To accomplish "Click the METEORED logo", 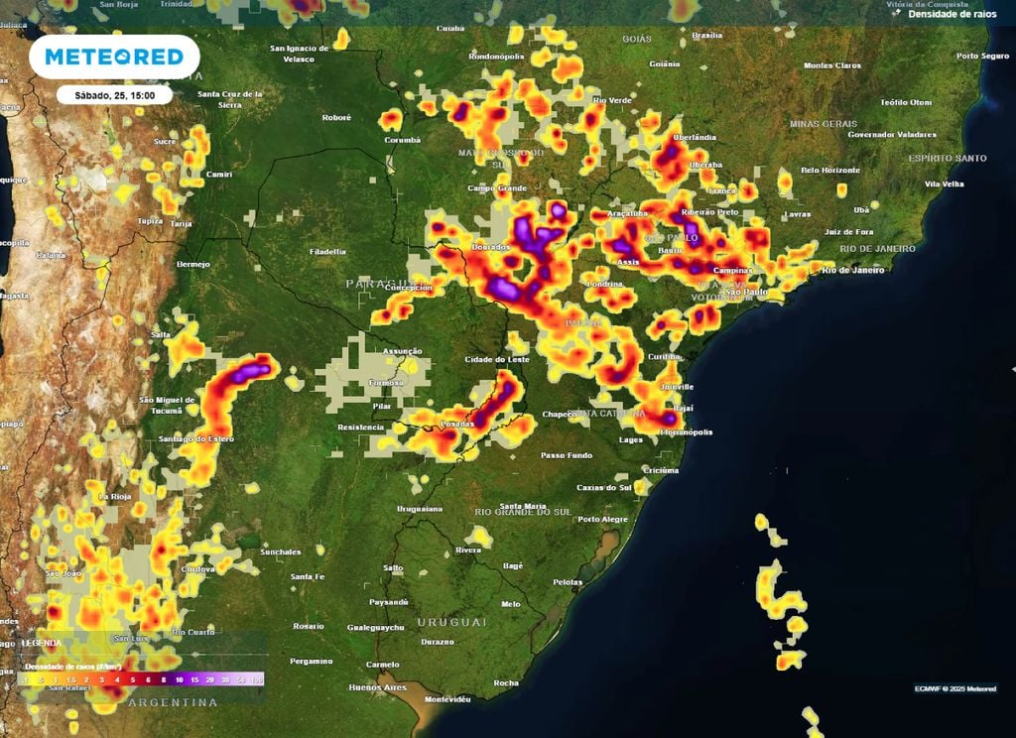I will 114,58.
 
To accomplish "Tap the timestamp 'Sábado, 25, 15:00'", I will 113,95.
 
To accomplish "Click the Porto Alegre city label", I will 602,519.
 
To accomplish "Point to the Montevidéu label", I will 444,698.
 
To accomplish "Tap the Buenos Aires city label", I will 377,686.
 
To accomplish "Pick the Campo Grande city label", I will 497,187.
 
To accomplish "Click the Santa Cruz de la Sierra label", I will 231,98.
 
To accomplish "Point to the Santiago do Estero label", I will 195,438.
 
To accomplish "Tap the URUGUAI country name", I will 451,622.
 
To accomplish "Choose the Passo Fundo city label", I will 566,454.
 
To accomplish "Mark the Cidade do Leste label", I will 497,358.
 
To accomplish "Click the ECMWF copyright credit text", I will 955,688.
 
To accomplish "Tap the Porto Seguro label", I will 982,57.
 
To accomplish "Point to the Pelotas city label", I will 568,581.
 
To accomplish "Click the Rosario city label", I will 309,626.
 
